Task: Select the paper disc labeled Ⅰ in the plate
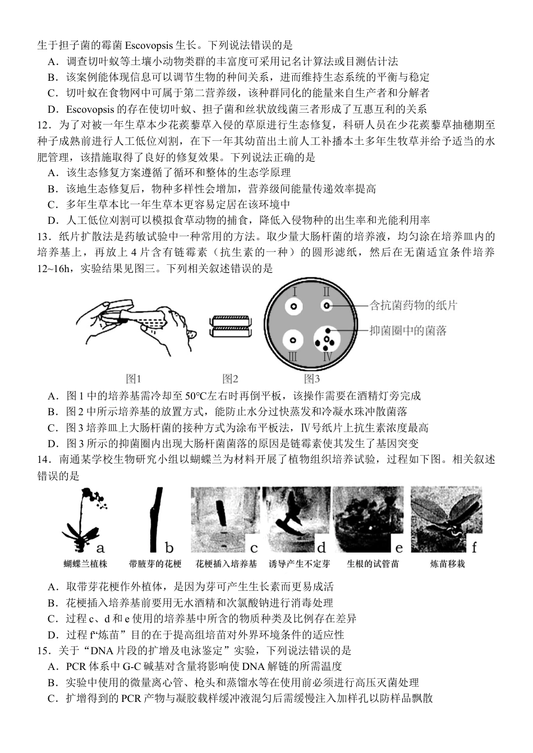point(293,306)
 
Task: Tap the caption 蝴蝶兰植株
point(85,563)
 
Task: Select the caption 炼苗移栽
point(447,563)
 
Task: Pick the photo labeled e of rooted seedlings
point(368,520)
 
